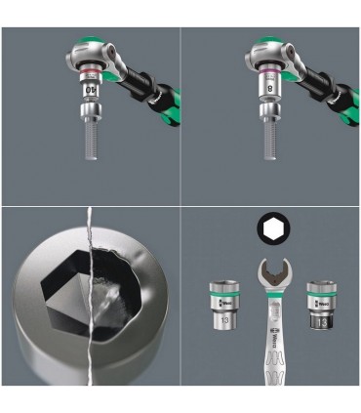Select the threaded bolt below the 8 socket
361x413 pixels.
click(x=268, y=145)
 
